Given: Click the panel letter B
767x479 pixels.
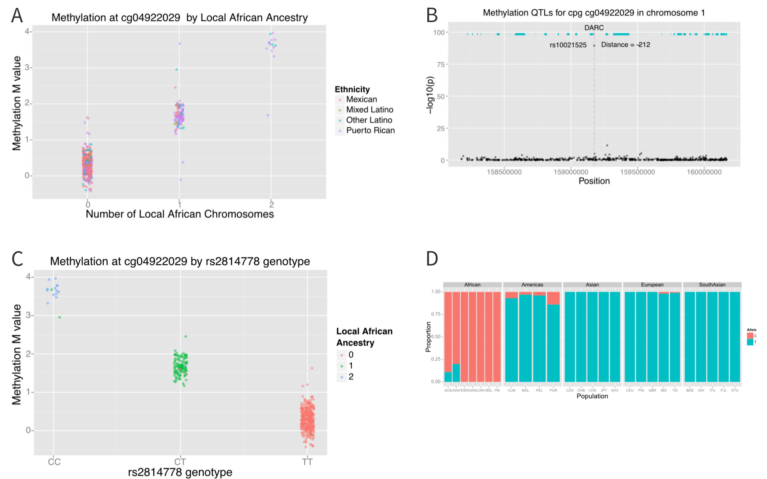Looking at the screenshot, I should [432, 15].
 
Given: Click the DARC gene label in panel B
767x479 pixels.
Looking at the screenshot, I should [594, 28].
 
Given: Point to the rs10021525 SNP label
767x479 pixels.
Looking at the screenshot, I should [568, 45].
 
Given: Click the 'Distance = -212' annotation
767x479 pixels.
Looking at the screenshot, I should [625, 45].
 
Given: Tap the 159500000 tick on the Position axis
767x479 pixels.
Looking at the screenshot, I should [637, 172].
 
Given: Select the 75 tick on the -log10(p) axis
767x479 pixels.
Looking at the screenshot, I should [441, 64].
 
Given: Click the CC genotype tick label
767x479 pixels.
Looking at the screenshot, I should [54, 462].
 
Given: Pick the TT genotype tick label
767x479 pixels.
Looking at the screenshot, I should [307, 462].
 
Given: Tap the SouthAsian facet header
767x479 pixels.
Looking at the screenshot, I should [712, 285].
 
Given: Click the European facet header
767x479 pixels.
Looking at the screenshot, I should [652, 285].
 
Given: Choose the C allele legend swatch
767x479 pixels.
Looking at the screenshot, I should [750, 336].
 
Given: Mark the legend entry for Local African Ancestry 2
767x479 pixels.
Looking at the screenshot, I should [351, 377].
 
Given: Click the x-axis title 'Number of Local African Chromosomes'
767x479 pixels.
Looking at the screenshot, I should [180, 214].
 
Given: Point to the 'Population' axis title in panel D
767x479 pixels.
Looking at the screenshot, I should [592, 396].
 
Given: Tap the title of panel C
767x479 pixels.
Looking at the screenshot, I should [180, 261].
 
